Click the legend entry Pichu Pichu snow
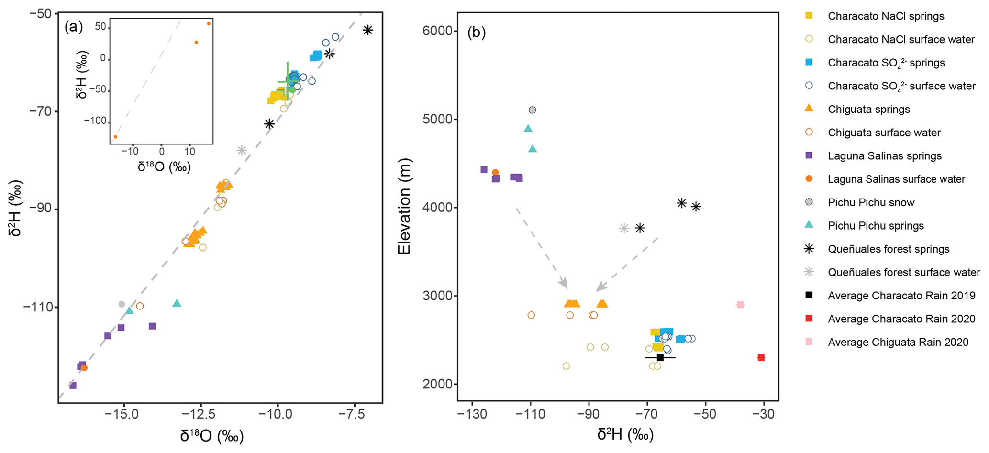[x=871, y=202]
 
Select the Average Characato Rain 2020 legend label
[x=901, y=319]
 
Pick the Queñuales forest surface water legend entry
[x=904, y=272]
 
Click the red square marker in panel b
[x=761, y=357]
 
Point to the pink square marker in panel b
[x=740, y=305]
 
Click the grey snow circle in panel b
[x=532, y=110]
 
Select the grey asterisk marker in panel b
[x=624, y=228]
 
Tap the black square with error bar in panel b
[x=660, y=357]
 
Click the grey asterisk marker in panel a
[x=242, y=150]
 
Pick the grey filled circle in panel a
[x=122, y=304]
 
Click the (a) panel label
[x=74, y=27]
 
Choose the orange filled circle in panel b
[x=495, y=172]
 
